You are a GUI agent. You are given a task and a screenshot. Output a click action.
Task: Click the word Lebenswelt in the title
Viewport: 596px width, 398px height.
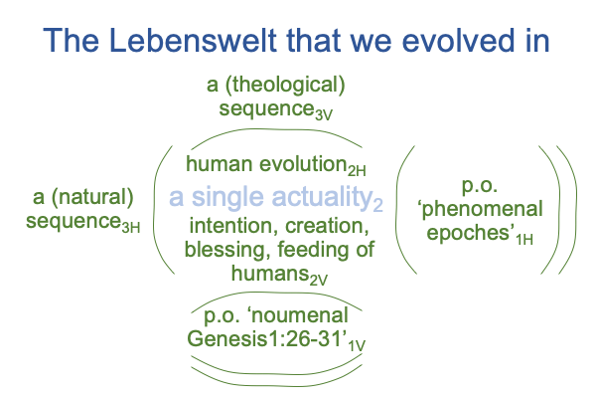point(193,40)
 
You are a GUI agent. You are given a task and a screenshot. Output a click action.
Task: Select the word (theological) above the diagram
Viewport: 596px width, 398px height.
point(285,86)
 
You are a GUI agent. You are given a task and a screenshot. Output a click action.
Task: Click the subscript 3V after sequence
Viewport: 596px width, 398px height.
point(324,114)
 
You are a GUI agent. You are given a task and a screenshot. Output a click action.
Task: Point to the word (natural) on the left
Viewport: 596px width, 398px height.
point(92,198)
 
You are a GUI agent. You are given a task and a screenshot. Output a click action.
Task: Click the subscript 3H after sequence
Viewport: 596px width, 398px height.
point(131,228)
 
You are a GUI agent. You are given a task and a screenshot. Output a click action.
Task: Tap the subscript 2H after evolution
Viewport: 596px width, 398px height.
point(357,171)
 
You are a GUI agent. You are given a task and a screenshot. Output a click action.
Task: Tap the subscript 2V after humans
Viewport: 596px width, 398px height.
point(318,281)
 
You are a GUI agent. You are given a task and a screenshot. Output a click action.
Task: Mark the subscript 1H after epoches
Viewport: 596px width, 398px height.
point(524,240)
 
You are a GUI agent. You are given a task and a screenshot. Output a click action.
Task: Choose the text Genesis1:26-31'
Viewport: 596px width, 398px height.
point(267,338)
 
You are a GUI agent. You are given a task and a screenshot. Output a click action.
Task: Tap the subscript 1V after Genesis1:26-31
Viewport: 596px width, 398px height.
point(357,345)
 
